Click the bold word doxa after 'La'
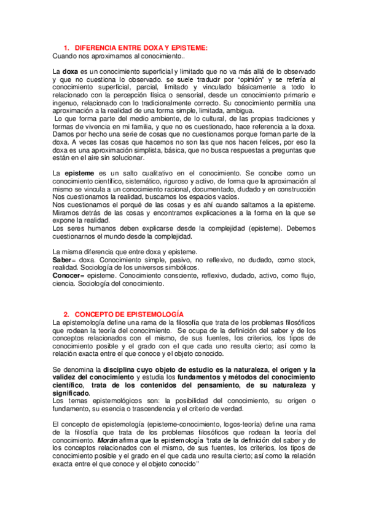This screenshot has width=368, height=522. [x=72, y=72]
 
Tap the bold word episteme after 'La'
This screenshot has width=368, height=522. [x=79, y=174]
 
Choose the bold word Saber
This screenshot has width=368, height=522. [x=63, y=260]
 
